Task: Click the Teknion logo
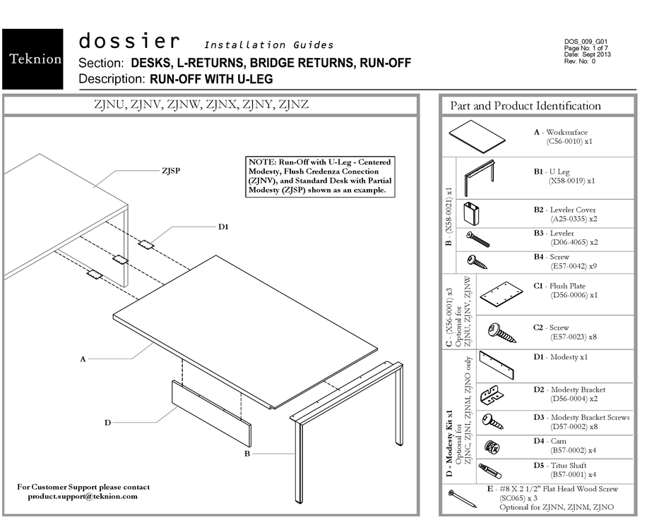tap(34, 59)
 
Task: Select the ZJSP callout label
tap(171, 170)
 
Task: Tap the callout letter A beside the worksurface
tap(83, 359)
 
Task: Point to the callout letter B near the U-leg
tap(247, 454)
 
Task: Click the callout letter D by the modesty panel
tap(107, 423)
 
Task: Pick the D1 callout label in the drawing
tap(223, 227)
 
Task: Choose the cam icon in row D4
tap(491, 447)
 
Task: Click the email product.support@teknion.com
tap(83, 496)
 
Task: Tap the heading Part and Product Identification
tap(525, 106)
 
